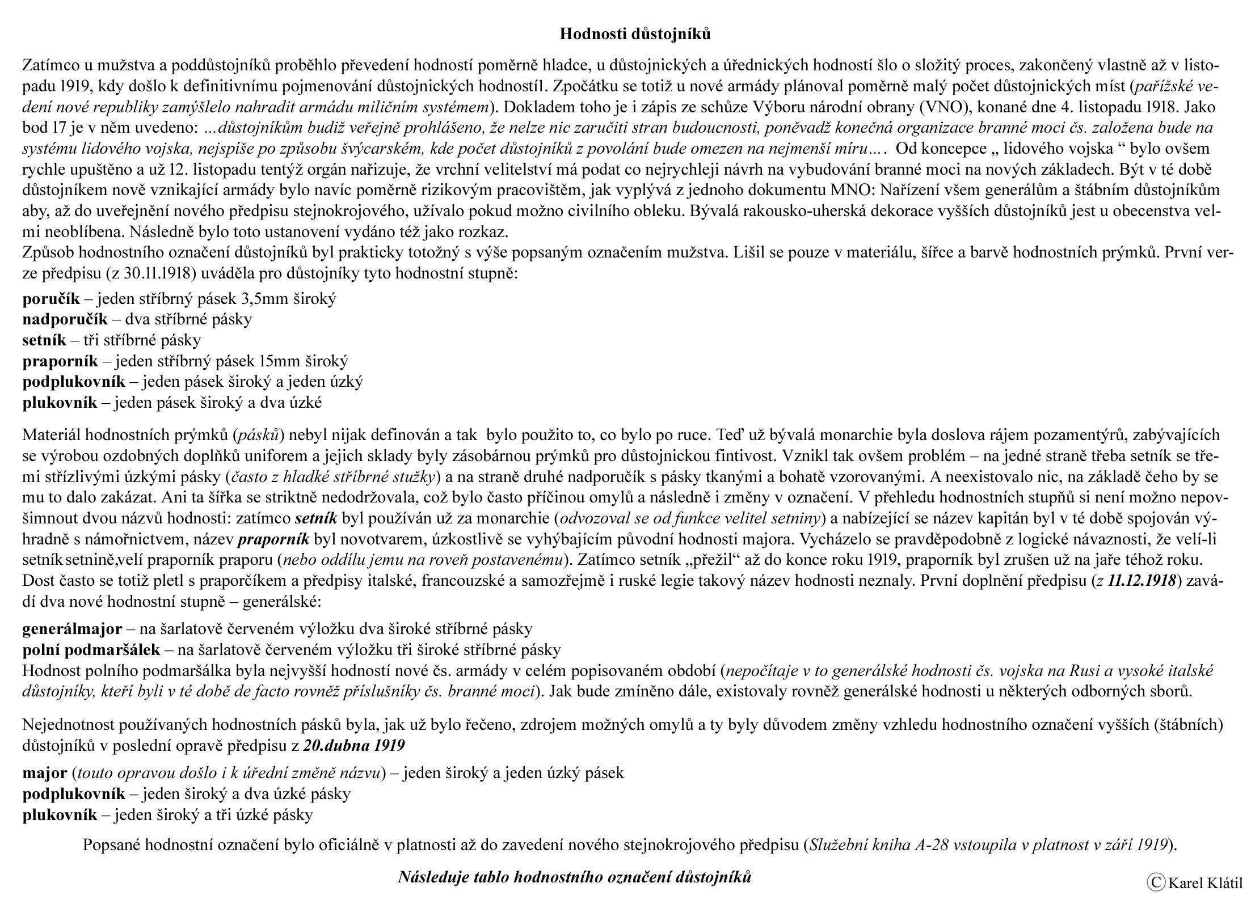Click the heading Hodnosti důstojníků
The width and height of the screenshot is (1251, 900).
click(x=635, y=34)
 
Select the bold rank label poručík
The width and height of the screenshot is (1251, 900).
click(x=51, y=299)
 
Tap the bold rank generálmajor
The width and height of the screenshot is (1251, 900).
click(x=72, y=628)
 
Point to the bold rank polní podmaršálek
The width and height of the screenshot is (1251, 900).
click(x=91, y=649)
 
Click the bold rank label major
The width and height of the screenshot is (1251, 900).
click(x=44, y=772)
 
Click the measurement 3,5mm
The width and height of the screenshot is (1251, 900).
click(x=258, y=299)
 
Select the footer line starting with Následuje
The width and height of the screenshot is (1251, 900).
click(x=574, y=877)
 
